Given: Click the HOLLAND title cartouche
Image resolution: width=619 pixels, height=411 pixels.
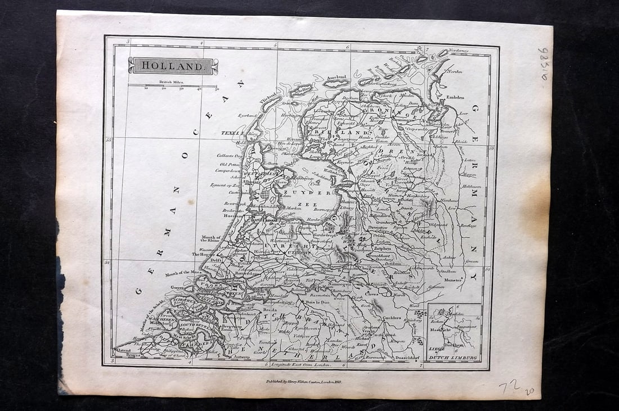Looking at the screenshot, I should click(x=173, y=66).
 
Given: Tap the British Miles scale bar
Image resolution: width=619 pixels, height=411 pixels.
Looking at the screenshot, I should click(x=173, y=85).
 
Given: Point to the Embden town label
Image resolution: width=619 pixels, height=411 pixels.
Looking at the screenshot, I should click(x=455, y=97).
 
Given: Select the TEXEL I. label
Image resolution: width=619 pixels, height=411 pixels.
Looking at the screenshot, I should click(x=231, y=133).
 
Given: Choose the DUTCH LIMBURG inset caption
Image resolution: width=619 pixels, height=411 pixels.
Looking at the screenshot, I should click(x=453, y=357).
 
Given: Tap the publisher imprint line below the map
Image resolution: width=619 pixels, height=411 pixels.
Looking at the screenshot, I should click(x=304, y=381).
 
